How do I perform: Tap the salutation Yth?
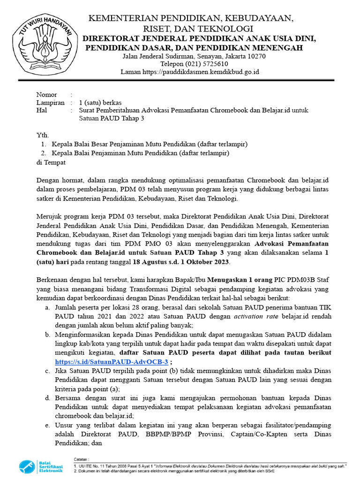42,135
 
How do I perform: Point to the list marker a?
47,307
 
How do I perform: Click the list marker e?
47,425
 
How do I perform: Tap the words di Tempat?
51,162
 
